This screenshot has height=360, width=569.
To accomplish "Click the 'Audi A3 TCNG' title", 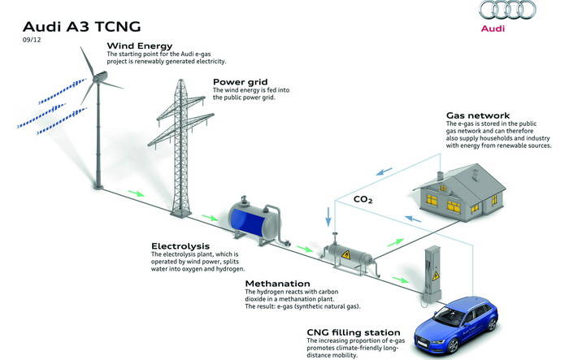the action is pyautogui.click(x=81, y=27).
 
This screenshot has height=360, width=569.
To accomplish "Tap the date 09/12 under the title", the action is pyautogui.click(x=32, y=40).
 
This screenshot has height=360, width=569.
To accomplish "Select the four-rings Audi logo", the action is pyautogui.click(x=507, y=10).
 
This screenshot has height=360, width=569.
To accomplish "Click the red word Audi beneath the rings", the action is pyautogui.click(x=493, y=28).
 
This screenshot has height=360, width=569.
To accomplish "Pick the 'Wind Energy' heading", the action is pyautogui.click(x=140, y=46).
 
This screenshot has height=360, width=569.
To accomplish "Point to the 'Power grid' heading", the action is pyautogui.click(x=241, y=81).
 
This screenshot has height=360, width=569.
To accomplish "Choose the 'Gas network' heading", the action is pyautogui.click(x=478, y=115).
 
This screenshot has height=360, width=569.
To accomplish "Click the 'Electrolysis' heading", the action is pyautogui.click(x=180, y=246).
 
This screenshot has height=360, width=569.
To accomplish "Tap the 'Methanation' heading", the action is pyautogui.click(x=278, y=284).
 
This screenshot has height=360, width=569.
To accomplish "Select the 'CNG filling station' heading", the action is pyautogui.click(x=354, y=332).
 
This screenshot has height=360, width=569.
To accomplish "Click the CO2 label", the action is pyautogui.click(x=363, y=199).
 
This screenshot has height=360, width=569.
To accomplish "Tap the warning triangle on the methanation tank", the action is pyautogui.click(x=346, y=254).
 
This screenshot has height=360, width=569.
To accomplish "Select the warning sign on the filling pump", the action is pyautogui.click(x=436, y=275).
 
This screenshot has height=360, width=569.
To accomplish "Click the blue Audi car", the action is pyautogui.click(x=456, y=324).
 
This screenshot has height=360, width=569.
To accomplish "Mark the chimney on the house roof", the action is pyautogui.click(x=440, y=176).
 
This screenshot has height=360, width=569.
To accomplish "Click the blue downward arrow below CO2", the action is pyautogui.click(x=328, y=217).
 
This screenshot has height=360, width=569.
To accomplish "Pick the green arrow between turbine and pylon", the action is pyautogui.click(x=136, y=193).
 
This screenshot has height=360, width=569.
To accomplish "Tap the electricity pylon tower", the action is pyautogui.click(x=180, y=149).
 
